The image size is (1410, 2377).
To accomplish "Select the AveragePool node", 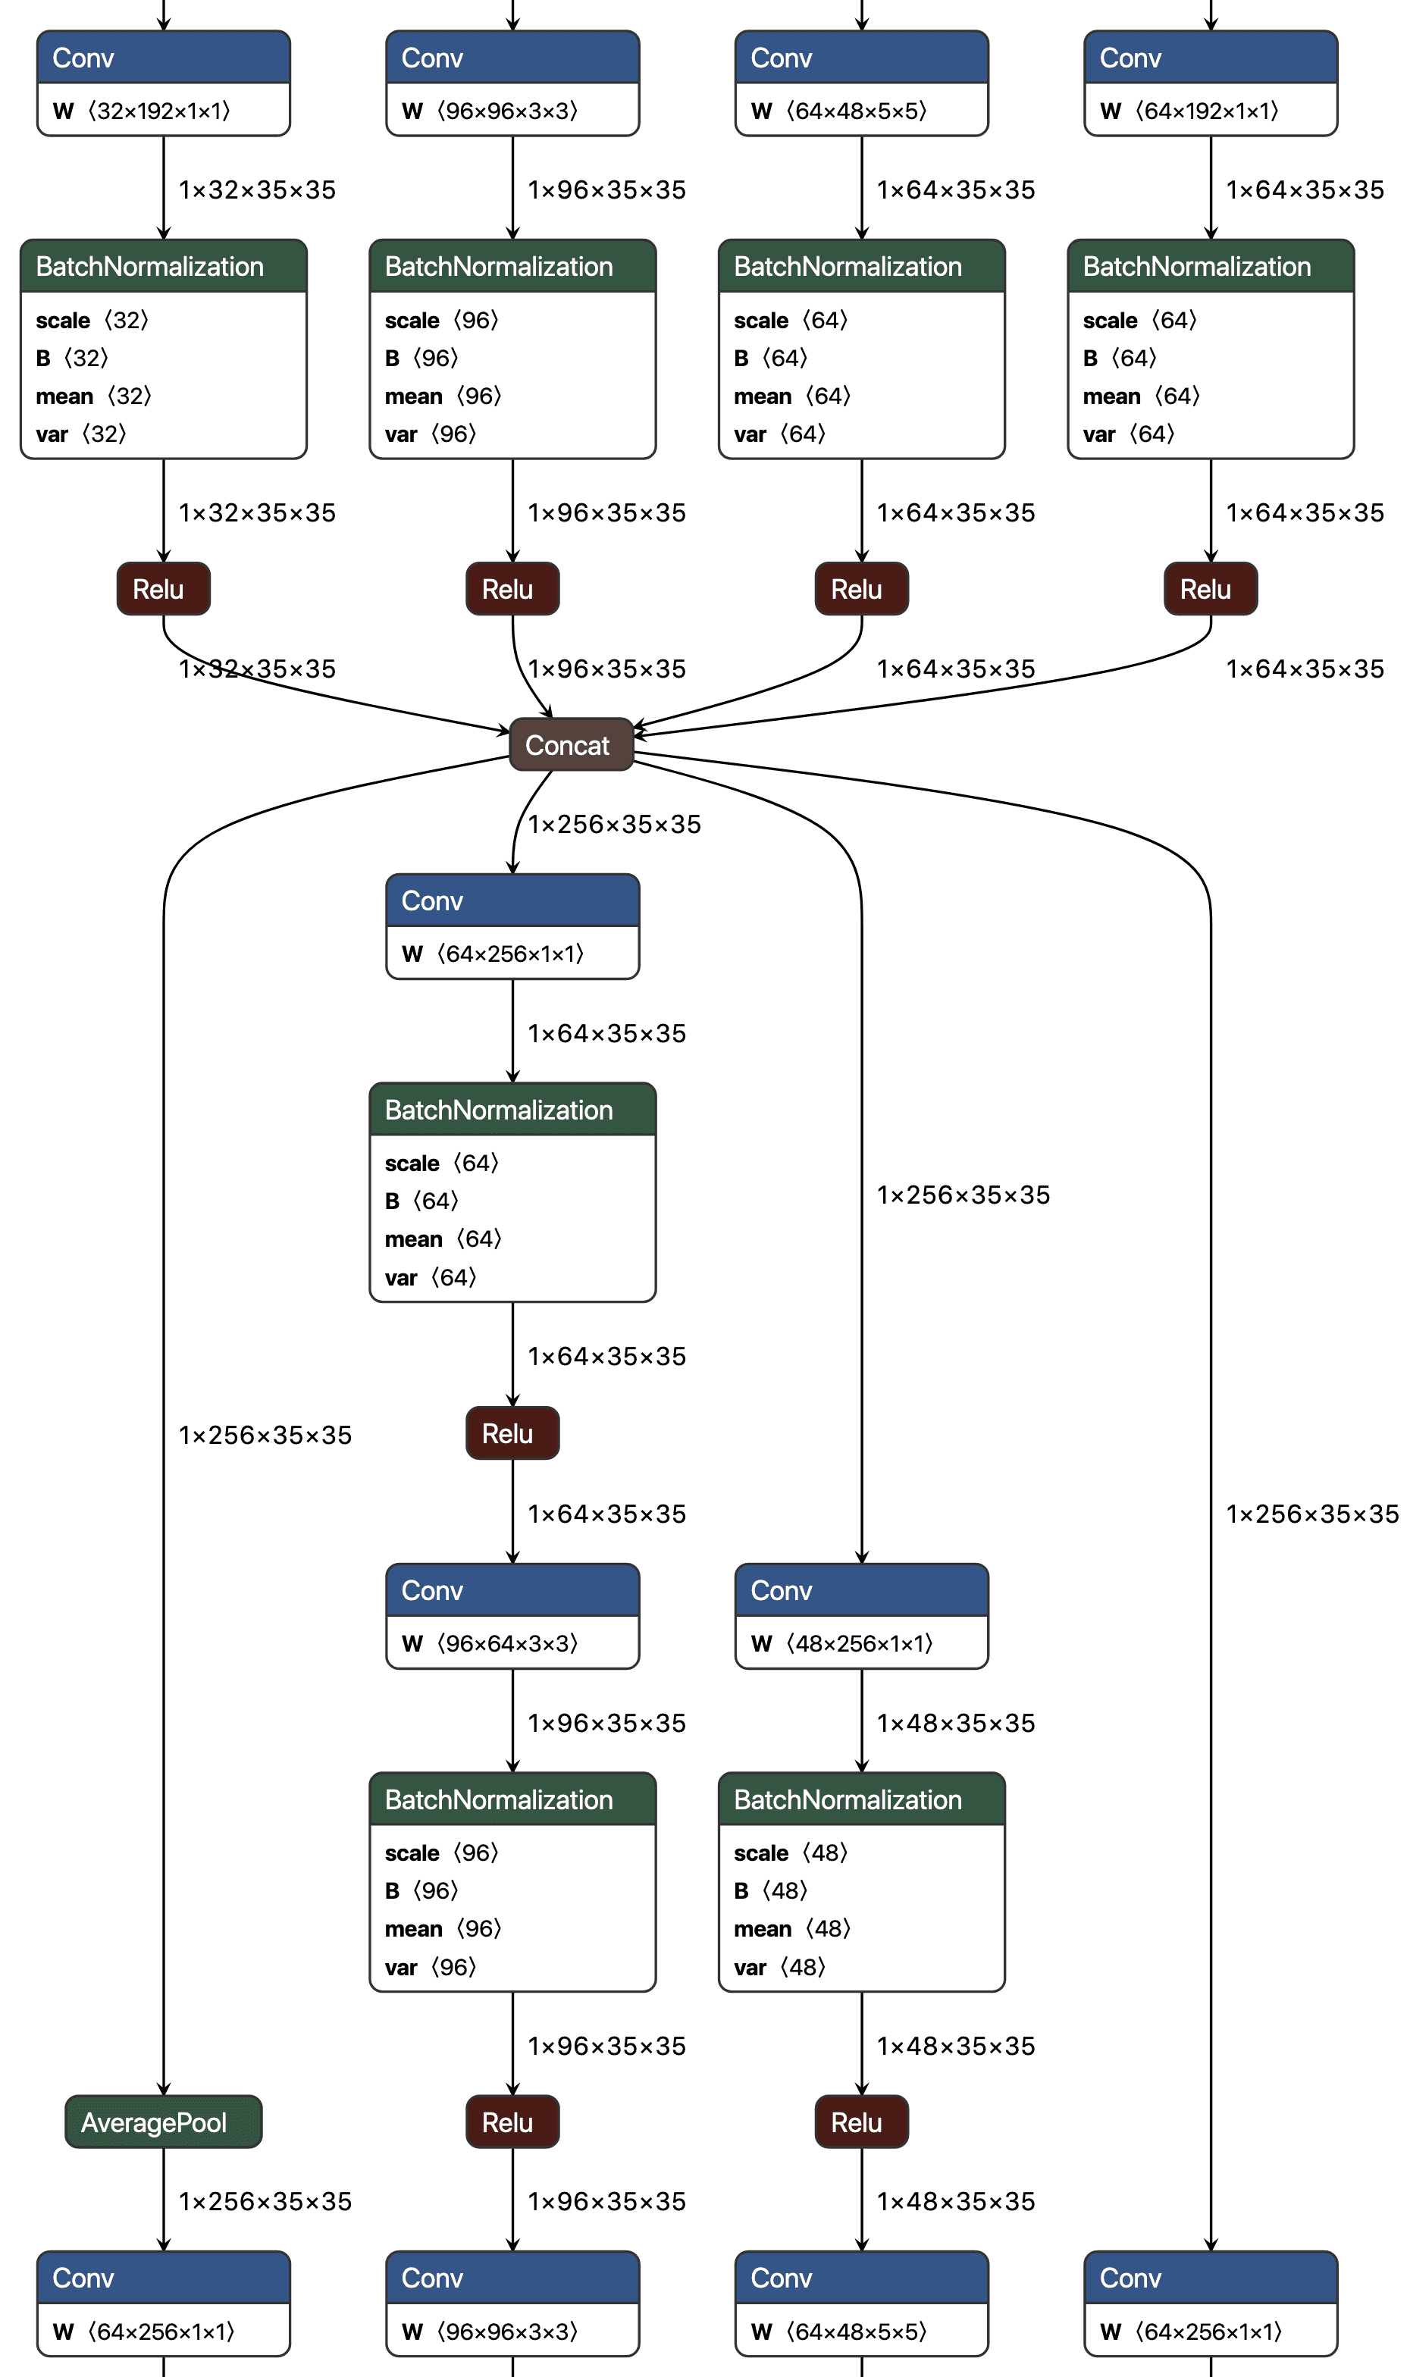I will coord(164,2122).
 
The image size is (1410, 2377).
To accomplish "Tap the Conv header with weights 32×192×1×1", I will coord(164,58).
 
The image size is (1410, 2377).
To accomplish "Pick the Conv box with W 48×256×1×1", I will coord(861,1616).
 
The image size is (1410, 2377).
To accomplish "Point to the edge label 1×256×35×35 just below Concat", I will coord(614,824).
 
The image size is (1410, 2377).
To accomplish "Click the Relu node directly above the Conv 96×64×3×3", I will coord(512,1433).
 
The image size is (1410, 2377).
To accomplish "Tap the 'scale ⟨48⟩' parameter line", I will coord(791,1852).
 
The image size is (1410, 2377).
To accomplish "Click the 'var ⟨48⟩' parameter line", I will coord(779,1967).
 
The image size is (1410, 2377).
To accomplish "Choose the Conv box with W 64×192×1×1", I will coord(1211,83).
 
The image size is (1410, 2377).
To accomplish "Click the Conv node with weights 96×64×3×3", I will coord(512,1616).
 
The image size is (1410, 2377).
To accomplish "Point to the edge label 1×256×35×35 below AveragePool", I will coord(265,2201).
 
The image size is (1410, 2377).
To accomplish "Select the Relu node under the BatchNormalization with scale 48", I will coord(861,2122).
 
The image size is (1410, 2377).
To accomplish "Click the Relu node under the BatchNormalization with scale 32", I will coord(164,589).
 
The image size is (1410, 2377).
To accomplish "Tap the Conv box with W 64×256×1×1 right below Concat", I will coord(512,926).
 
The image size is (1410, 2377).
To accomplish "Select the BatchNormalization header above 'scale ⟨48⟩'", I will coord(861,1799).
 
